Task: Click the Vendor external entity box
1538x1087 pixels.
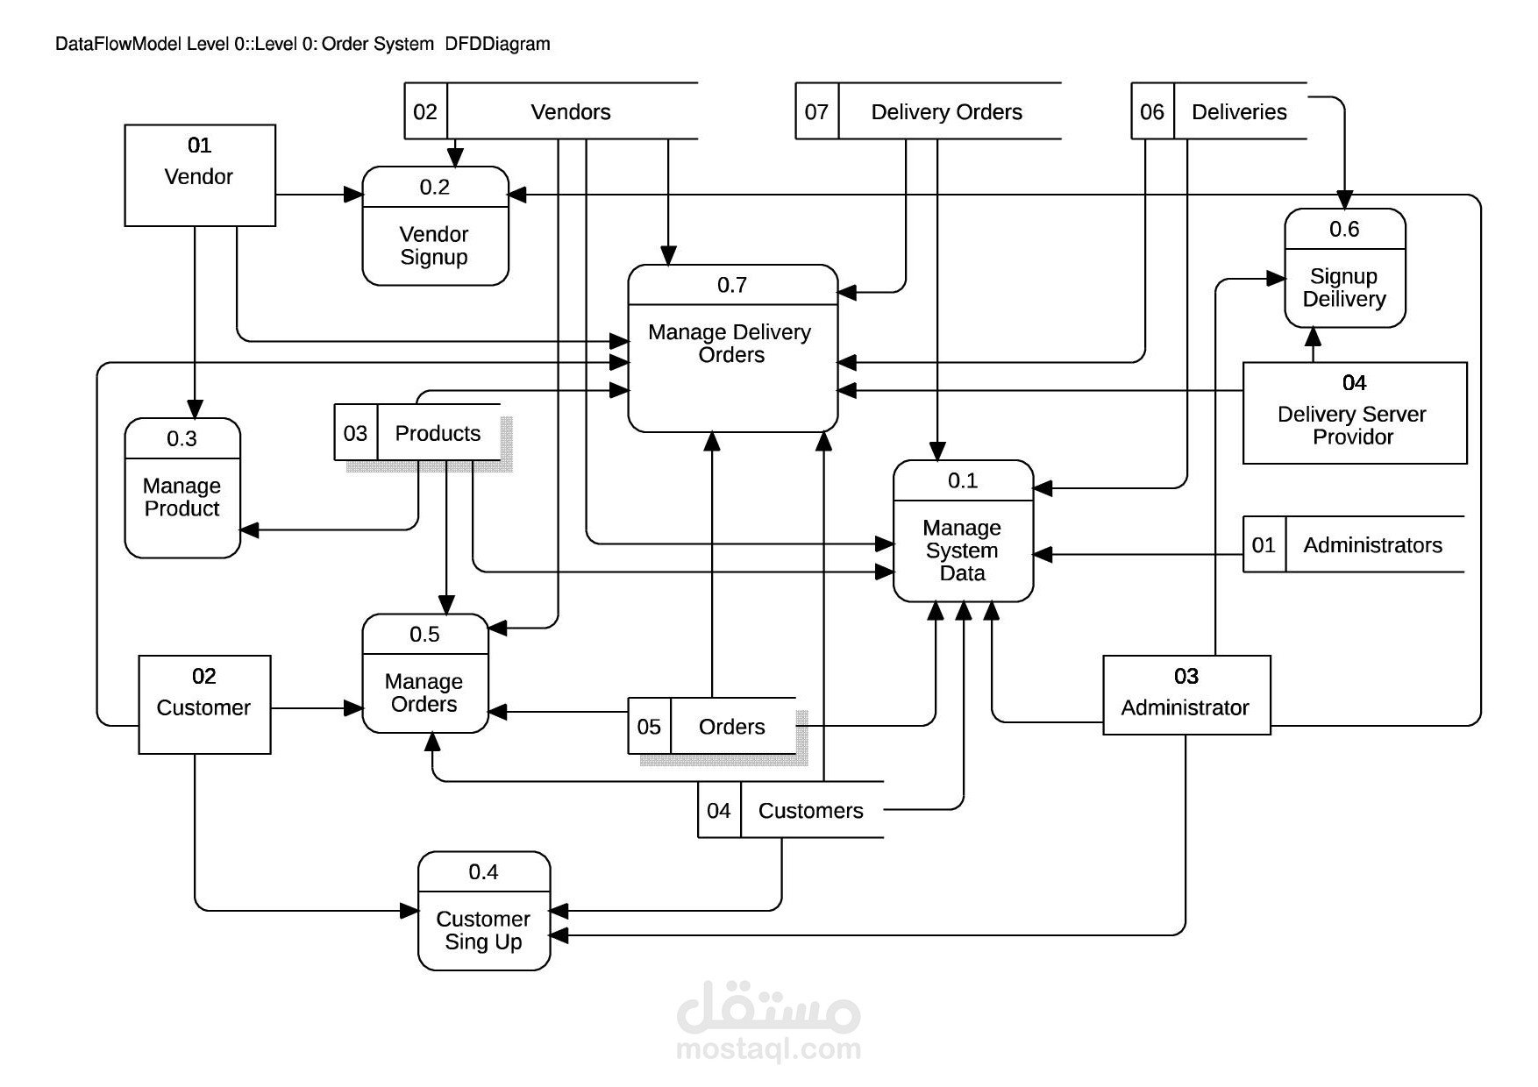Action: click(200, 175)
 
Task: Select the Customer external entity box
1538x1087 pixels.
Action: click(204, 704)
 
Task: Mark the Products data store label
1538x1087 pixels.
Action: click(438, 433)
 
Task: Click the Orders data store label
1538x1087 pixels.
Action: click(731, 727)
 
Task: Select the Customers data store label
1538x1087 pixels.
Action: click(810, 811)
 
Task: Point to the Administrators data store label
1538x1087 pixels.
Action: click(1372, 545)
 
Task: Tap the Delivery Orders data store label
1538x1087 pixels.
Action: click(946, 112)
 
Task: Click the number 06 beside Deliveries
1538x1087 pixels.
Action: click(1151, 112)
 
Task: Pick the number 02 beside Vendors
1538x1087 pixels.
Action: click(425, 112)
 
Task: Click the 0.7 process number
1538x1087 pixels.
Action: click(732, 285)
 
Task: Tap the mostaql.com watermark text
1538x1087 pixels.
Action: click(768, 1048)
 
